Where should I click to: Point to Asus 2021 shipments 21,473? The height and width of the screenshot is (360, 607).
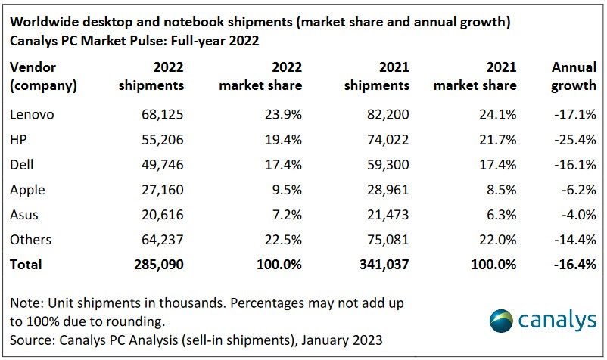pyautogui.click(x=388, y=215)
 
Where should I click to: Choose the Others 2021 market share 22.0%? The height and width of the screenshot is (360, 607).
pyautogui.click(x=496, y=240)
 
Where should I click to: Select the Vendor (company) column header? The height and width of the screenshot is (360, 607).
pyautogui.click(x=43, y=76)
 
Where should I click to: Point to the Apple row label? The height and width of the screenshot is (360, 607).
pyautogui.click(x=28, y=190)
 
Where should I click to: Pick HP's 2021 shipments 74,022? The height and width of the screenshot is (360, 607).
pyautogui.click(x=388, y=140)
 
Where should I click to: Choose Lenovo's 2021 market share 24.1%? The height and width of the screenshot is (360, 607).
pyautogui.click(x=496, y=115)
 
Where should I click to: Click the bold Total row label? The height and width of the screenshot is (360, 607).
pyautogui.click(x=26, y=265)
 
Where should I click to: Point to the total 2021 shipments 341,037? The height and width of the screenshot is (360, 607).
pyautogui.click(x=383, y=265)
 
